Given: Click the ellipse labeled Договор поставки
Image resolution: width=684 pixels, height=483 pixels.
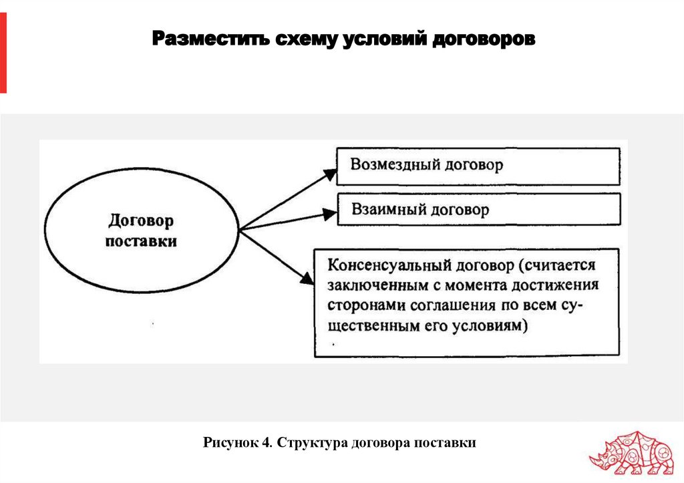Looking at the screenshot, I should [x=142, y=229].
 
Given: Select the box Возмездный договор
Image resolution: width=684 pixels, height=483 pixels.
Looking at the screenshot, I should [x=477, y=166].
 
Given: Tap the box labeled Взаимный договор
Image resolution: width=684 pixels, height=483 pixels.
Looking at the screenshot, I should [x=477, y=210].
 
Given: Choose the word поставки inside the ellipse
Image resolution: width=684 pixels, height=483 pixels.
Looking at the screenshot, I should [x=142, y=240].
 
